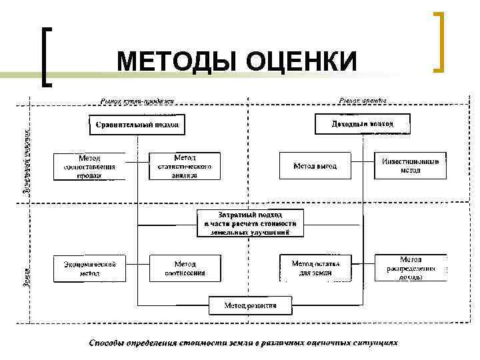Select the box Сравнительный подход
pos(137,125)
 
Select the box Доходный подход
pos(362,124)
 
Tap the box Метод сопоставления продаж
pos(89,167)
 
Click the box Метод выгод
pos(315,166)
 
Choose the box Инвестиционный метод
pos(410,165)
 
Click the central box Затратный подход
pos(250,223)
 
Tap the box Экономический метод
pos(89,268)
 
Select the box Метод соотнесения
pos(185,268)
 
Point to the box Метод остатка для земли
pos(315,268)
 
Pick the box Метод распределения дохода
pos(411,267)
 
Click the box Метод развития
pos(250,305)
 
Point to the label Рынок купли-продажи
pos(137,101)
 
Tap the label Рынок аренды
pos(362,101)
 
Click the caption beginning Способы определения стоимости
pos(243,343)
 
